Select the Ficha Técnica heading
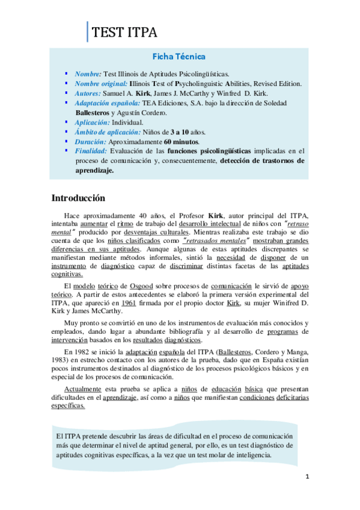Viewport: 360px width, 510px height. [178, 56]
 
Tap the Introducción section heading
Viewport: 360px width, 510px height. [78, 198]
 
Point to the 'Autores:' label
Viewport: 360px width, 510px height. [88, 94]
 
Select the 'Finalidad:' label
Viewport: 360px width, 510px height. [91, 151]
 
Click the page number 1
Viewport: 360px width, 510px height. [307, 477]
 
